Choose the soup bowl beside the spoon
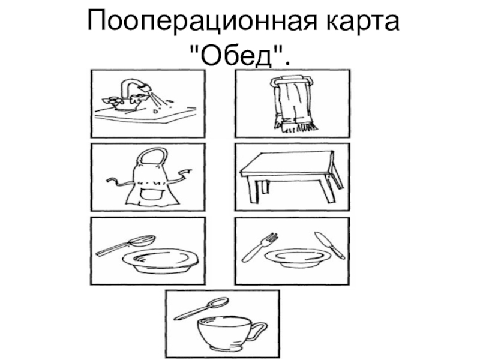click(160, 261)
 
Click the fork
click(260, 247)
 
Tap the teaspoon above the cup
click(202, 308)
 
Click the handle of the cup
click(259, 330)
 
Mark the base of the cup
click(224, 349)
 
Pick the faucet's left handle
click(111, 100)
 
